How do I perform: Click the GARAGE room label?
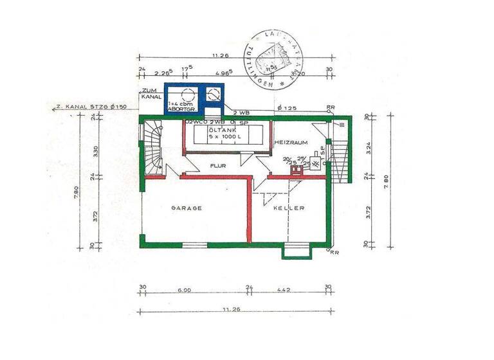click(187, 208)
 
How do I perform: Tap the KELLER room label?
click(288, 208)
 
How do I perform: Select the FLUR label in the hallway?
click(218, 166)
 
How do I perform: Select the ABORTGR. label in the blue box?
click(181, 109)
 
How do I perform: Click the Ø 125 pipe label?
click(288, 108)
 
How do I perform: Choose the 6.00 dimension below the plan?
click(184, 290)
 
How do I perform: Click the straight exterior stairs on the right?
click(342, 154)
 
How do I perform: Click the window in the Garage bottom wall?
click(193, 245)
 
